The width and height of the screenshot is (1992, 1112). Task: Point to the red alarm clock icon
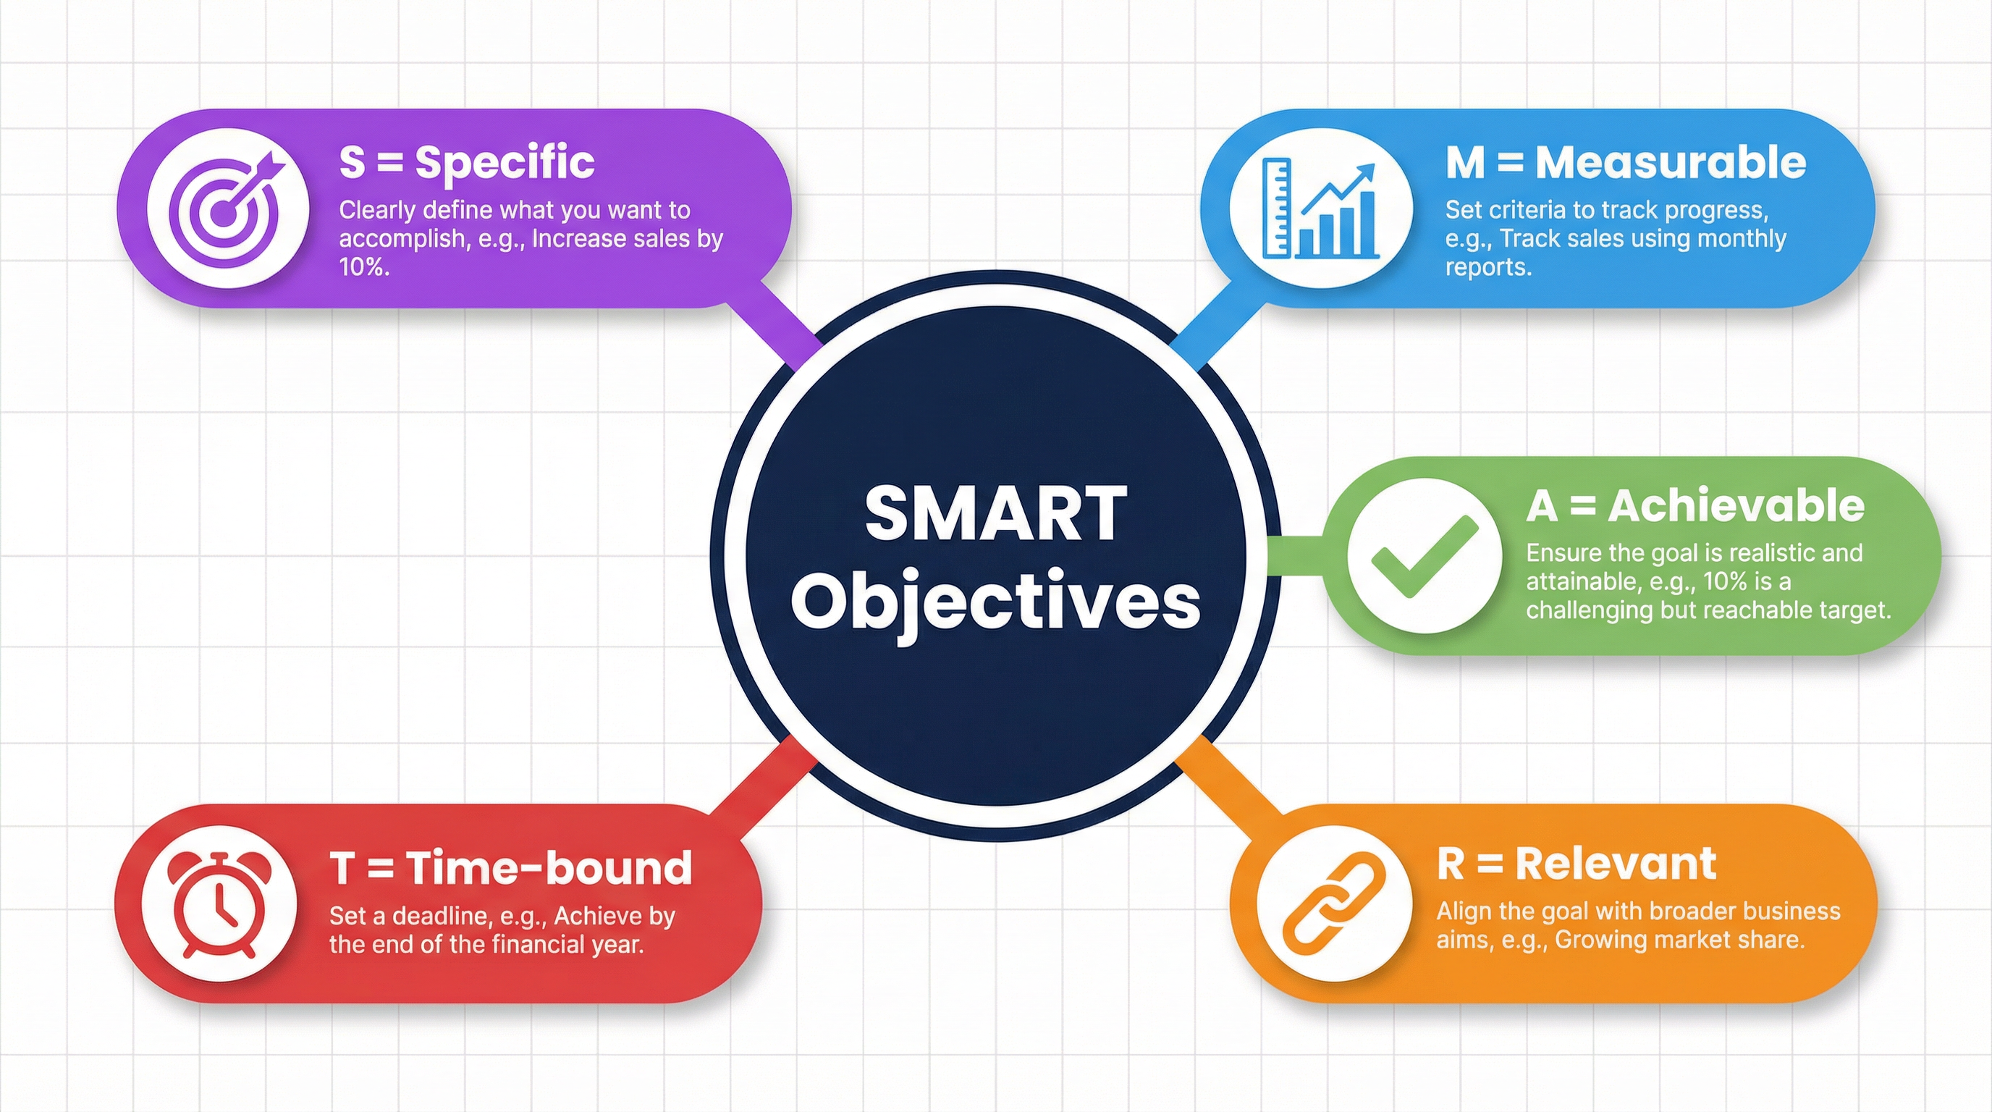tap(220, 904)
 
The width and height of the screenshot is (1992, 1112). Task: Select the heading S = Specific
tap(466, 162)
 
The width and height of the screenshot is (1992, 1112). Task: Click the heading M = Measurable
tap(1626, 163)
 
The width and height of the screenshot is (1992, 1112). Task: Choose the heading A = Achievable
tap(1695, 507)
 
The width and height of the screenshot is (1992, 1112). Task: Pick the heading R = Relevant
tap(1576, 864)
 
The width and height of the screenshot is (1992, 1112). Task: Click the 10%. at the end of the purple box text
tap(363, 268)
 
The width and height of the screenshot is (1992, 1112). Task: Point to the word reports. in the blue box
tap(1487, 268)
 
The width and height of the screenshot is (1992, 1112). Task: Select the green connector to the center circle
tap(1295, 556)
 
